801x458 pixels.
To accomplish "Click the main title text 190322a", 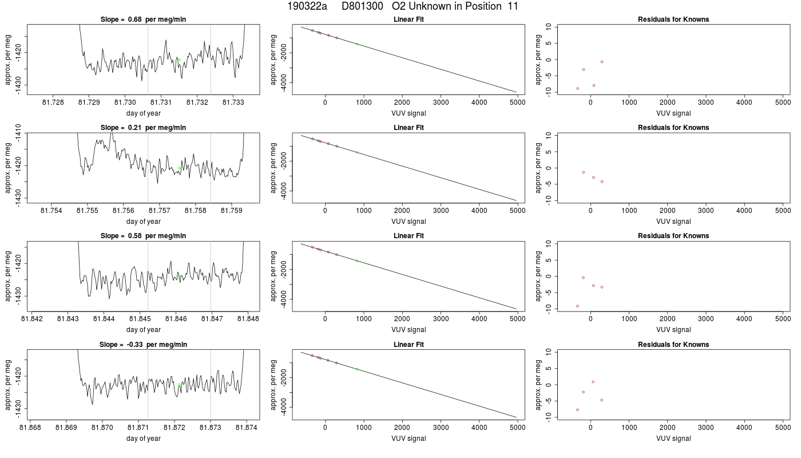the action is (307, 6).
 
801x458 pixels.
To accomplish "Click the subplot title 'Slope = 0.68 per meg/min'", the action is (143, 19).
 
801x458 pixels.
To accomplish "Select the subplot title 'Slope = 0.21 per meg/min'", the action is (143, 127).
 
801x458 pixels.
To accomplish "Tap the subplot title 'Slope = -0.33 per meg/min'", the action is (143, 344).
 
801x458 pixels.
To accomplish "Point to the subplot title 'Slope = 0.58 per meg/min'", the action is (143, 236).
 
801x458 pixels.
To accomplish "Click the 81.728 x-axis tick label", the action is (53, 102).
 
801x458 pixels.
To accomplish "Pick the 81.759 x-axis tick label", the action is (232, 211).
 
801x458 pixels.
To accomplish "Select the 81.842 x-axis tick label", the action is (32, 319).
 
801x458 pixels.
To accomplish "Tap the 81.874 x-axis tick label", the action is (247, 427).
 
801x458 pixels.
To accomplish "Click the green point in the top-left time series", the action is (179, 60).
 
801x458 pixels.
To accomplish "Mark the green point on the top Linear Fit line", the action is (357, 44).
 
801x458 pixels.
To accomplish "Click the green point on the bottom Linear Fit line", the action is (357, 369).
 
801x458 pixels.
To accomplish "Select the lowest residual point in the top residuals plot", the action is (577, 88).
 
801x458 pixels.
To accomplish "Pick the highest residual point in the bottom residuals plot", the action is (593, 382).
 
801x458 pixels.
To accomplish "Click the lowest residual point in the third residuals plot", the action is (577, 306).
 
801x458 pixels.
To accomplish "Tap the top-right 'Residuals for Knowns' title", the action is (673, 19).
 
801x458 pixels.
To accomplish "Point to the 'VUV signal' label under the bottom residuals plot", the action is (673, 439).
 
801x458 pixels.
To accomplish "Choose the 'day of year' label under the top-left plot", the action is (144, 113).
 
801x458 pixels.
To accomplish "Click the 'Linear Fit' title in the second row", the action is (409, 127).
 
